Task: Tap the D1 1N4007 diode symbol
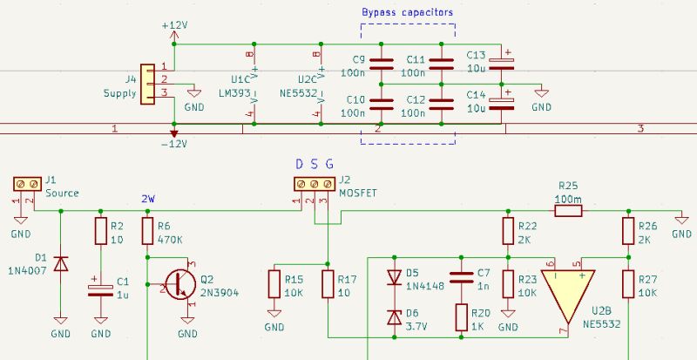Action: tap(60, 262)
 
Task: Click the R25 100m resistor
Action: tap(567, 211)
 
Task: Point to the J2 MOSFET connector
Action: tap(313, 184)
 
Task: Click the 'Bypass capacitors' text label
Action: tap(407, 11)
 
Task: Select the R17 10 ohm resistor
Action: tap(327, 284)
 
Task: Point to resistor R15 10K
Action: tap(274, 284)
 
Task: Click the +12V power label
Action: tap(174, 25)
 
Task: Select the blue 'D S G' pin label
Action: tap(313, 164)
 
